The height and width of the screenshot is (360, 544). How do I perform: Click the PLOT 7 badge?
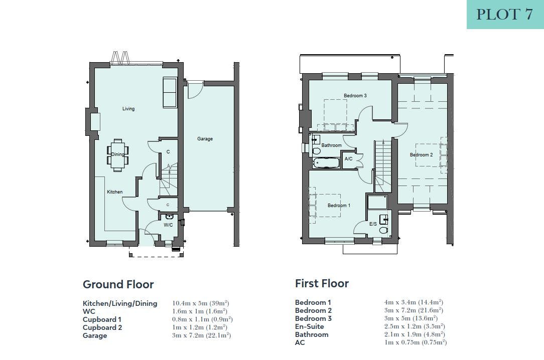pyautogui.click(x=505, y=14)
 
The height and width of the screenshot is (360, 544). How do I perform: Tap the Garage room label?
pyautogui.click(x=205, y=138)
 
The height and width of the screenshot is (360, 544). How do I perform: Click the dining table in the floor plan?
pyautogui.click(x=117, y=155)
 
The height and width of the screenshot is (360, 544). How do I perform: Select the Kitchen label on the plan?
pyautogui.click(x=114, y=192)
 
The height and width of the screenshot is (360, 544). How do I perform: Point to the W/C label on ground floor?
pyautogui.click(x=168, y=225)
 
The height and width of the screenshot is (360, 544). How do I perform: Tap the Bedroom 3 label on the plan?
pyautogui.click(x=355, y=95)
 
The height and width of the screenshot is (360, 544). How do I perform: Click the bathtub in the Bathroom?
pyautogui.click(x=326, y=163)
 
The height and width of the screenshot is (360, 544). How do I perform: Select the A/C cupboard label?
pyautogui.click(x=348, y=159)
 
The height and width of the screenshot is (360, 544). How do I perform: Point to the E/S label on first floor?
pyautogui.click(x=372, y=224)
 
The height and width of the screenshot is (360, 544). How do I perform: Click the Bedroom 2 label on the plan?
pyautogui.click(x=421, y=154)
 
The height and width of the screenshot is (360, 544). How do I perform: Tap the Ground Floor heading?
pyautogui.click(x=118, y=284)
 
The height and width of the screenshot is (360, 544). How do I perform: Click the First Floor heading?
pyautogui.click(x=322, y=283)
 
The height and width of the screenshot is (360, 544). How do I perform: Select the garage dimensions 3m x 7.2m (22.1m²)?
pyautogui.click(x=201, y=335)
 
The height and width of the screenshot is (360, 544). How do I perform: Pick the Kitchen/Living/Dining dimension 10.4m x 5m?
pyautogui.click(x=190, y=303)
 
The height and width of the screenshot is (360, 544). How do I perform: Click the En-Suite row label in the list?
pyautogui.click(x=310, y=326)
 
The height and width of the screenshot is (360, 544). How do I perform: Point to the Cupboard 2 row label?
pyautogui.click(x=102, y=327)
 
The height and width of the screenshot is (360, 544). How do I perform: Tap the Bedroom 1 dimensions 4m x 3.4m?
pyautogui.click(x=400, y=302)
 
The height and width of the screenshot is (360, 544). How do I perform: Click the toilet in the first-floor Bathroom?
pyautogui.click(x=316, y=151)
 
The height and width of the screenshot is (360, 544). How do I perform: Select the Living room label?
pyautogui.click(x=128, y=108)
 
